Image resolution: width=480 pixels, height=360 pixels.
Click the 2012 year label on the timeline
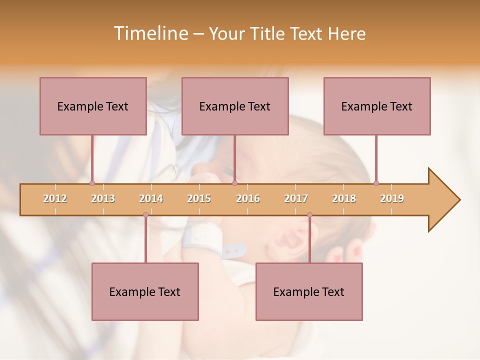(55, 198)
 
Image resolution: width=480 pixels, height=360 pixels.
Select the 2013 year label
(103, 198)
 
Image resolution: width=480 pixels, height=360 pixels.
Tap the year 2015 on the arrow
(199, 198)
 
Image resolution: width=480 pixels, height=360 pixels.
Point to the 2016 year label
(248, 198)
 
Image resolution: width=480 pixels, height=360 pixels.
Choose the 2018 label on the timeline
(344, 198)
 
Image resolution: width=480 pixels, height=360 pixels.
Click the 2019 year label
(392, 198)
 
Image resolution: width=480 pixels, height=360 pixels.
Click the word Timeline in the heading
(150, 33)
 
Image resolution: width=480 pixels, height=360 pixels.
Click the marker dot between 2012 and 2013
(92, 183)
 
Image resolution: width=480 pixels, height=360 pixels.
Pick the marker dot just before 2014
(145, 214)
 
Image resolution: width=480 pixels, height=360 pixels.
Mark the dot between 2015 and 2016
(234, 183)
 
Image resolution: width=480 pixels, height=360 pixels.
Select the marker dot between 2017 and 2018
(309, 214)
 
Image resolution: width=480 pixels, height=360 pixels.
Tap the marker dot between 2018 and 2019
(376, 183)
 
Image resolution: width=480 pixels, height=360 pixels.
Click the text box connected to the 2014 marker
(145, 291)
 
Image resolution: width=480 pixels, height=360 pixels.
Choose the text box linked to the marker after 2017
(309, 291)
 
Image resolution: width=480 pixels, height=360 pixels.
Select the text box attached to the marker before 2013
(93, 106)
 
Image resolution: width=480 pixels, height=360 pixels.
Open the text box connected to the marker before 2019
(377, 106)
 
